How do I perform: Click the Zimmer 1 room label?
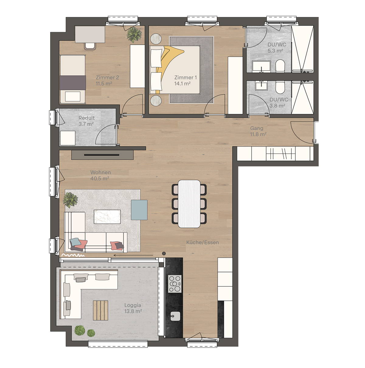click(185, 81)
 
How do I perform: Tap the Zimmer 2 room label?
click(107, 81)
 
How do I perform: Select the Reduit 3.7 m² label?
click(86, 121)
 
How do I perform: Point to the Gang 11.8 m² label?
click(258, 131)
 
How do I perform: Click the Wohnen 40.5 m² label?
click(100, 175)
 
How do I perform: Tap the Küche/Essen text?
click(203, 242)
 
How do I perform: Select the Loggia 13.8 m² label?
click(133, 308)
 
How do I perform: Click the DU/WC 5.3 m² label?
click(276, 48)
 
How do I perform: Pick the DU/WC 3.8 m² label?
click(278, 103)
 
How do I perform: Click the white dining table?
click(189, 204)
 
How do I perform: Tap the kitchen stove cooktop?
click(175, 284)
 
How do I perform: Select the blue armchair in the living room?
click(139, 210)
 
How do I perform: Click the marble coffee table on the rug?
click(107, 217)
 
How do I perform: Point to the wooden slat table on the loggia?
click(100, 310)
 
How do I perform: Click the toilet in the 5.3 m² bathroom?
click(280, 66)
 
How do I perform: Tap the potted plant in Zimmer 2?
click(134, 34)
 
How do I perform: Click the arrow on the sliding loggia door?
click(133, 256)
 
